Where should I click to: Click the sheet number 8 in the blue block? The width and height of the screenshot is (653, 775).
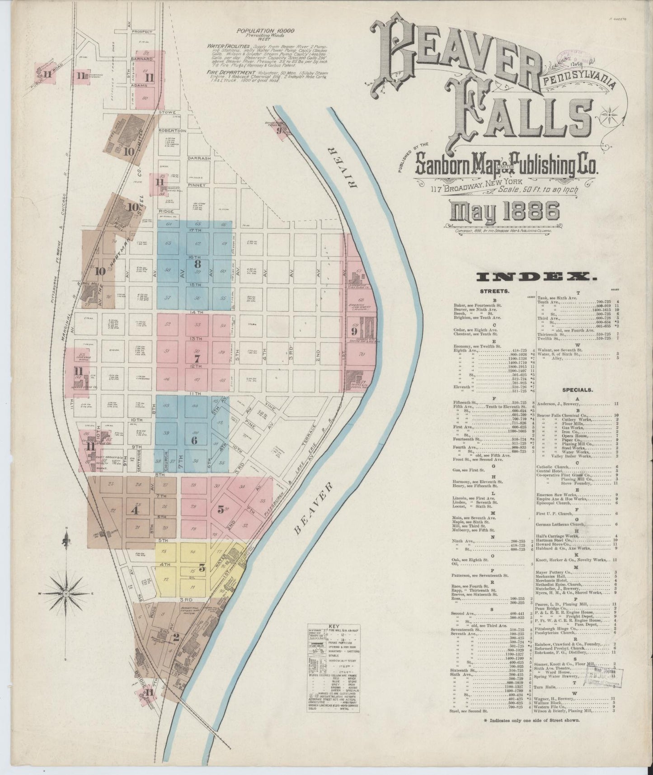(x=197, y=263)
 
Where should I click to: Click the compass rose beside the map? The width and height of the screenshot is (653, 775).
(x=66, y=593)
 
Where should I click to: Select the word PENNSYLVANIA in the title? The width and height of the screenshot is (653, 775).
(x=578, y=81)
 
